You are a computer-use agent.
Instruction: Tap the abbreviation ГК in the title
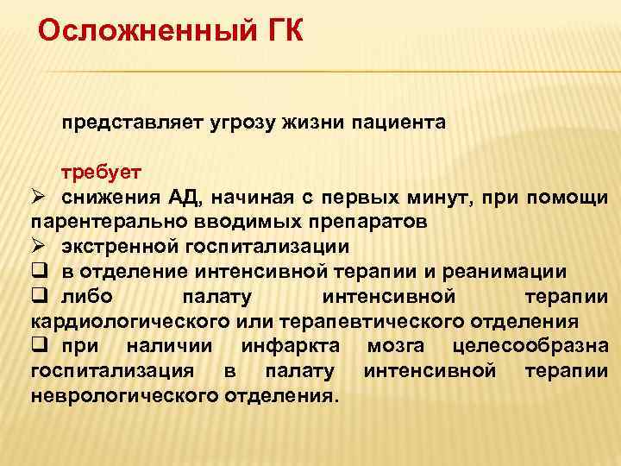point(279,32)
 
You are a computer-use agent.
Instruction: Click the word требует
point(95,172)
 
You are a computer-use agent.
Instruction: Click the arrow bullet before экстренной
point(38,247)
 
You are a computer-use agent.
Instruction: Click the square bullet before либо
point(38,297)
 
